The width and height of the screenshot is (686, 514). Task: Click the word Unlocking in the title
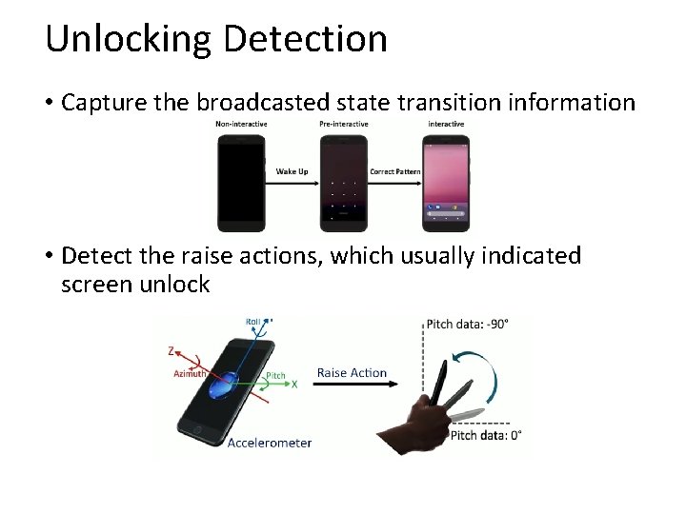click(x=129, y=39)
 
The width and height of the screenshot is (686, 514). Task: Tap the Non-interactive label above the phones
click(x=241, y=125)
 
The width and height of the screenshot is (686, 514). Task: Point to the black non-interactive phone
click(x=241, y=182)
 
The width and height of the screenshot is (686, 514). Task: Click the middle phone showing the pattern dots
click(x=342, y=182)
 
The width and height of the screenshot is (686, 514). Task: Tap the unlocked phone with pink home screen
click(x=446, y=182)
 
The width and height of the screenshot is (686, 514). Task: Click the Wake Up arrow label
click(x=292, y=171)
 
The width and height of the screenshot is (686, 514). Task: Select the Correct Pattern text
click(x=394, y=171)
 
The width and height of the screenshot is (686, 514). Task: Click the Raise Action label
click(x=352, y=372)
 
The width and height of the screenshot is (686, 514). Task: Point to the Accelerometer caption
click(x=270, y=443)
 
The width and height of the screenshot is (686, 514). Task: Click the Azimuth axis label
click(x=190, y=373)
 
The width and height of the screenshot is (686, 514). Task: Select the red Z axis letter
click(x=171, y=351)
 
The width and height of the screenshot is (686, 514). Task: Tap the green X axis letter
click(x=294, y=384)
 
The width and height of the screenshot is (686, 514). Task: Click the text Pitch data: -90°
click(x=468, y=324)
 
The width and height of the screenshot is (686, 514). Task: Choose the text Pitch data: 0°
click(x=485, y=435)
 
